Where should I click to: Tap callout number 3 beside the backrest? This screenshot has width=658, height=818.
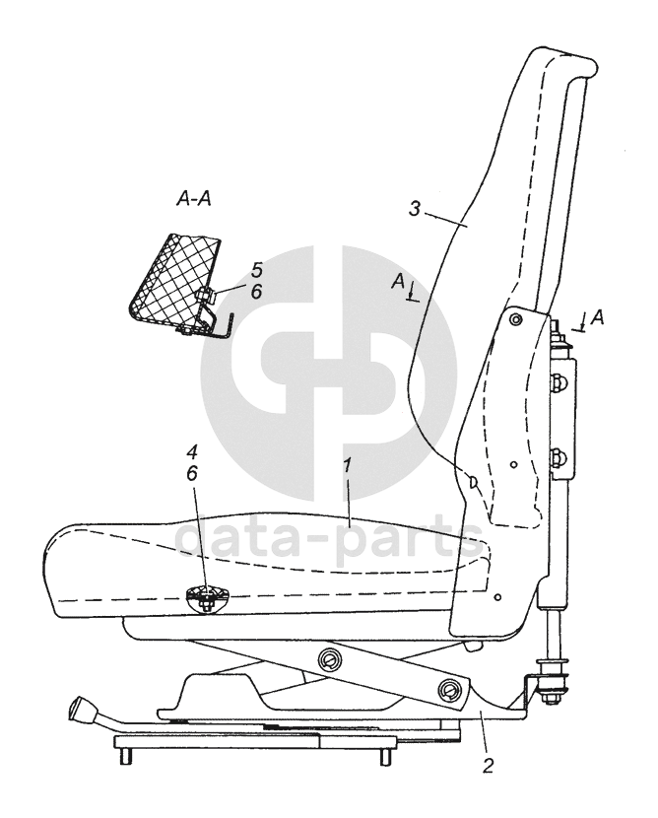417,209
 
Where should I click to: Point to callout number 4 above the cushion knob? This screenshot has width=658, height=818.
192,454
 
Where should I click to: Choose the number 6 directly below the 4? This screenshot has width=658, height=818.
192,473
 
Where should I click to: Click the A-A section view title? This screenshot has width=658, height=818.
194,198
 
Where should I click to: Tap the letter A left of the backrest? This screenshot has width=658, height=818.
398,282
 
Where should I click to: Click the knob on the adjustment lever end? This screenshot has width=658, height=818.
80,708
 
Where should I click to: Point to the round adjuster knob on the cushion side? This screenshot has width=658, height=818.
206,594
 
